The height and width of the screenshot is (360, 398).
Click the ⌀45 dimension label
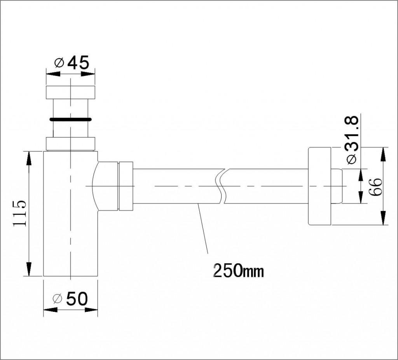(72, 63)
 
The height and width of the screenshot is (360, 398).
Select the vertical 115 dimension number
(19, 213)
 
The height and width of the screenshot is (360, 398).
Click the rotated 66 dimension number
(376, 187)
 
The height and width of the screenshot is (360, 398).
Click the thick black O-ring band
(70, 119)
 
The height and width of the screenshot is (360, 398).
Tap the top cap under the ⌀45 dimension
(71, 92)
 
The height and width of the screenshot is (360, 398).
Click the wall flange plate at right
(319, 186)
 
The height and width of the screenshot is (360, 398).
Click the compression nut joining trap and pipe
(126, 186)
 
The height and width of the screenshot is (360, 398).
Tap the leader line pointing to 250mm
(203, 228)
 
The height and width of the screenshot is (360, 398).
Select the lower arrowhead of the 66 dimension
(383, 218)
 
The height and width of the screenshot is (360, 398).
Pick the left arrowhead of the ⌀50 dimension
(50, 310)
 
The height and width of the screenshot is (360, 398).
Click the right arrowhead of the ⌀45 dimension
(87, 74)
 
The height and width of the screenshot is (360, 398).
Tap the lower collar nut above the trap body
(71, 144)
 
